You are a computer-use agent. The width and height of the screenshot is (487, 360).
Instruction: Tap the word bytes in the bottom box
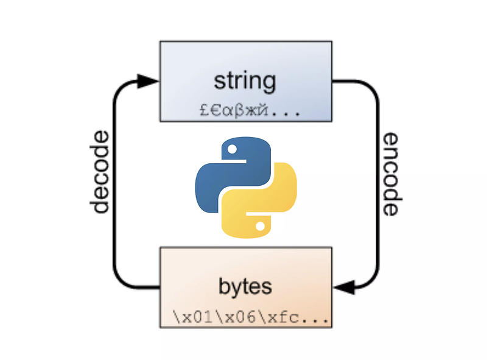(x=245, y=286)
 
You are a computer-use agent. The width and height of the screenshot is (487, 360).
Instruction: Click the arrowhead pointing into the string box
(x=147, y=80)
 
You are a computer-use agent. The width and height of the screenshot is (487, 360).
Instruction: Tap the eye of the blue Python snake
(x=231, y=148)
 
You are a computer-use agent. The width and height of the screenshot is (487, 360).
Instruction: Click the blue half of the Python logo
(x=222, y=174)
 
